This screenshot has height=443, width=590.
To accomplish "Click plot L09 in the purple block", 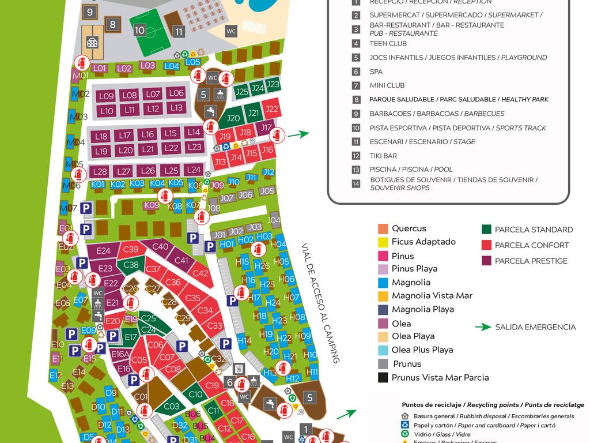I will [x=106, y=96].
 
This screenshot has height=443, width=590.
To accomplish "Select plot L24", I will [x=194, y=170].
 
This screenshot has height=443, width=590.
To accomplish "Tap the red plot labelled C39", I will [x=131, y=249].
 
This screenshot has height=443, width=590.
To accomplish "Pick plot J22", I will [x=271, y=109].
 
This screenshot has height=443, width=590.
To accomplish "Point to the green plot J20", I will [x=233, y=118].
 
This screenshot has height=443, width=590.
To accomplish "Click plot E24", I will [x=103, y=250].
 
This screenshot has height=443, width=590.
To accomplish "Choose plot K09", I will [x=152, y=205].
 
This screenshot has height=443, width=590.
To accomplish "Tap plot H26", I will [x=262, y=266].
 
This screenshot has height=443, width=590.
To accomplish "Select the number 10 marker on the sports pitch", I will [x=139, y=30].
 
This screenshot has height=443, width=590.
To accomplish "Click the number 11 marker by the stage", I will [x=179, y=32].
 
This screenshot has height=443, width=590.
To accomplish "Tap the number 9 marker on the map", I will [x=89, y=11].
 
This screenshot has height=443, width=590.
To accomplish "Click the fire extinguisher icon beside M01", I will [x=82, y=63].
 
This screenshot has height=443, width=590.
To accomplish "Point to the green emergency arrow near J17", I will [x=298, y=134].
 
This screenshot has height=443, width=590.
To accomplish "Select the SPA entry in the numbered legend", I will [x=376, y=72].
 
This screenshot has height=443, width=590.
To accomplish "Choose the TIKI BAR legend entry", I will [x=383, y=156].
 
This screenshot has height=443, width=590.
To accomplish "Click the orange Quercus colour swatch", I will [x=383, y=228].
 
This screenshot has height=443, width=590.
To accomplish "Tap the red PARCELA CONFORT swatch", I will [x=486, y=245].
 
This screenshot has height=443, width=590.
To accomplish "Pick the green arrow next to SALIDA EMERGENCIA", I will [x=483, y=327].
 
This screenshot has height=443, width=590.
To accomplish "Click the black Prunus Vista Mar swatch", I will [x=383, y=378].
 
